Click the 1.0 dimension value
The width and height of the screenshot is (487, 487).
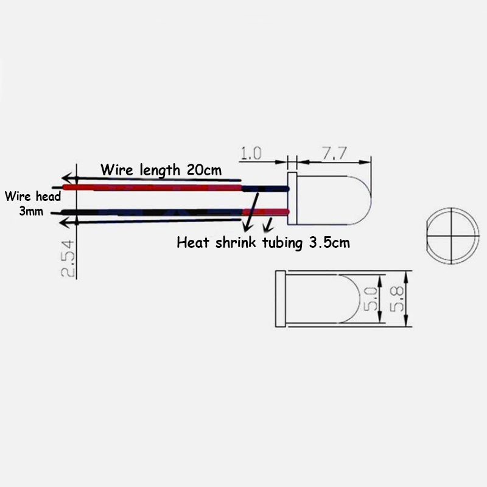pyautogui.click(x=251, y=153)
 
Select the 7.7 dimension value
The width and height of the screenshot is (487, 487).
pyautogui.click(x=334, y=153)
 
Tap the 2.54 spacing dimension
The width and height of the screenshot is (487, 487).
pyautogui.click(x=68, y=258)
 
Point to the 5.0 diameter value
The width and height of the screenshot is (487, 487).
pyautogui.click(x=371, y=299)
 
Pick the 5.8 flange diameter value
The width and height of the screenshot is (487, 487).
pyautogui.click(x=397, y=299)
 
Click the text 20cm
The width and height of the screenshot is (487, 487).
pyautogui.click(x=204, y=170)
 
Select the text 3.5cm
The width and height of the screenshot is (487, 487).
pyautogui.click(x=329, y=242)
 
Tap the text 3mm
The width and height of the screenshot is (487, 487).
pyautogui.click(x=31, y=211)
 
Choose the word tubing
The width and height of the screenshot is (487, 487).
pyautogui.click(x=282, y=243)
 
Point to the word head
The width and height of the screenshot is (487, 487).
pyautogui.click(x=48, y=196)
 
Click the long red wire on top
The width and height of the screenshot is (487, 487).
pyautogui.click(x=152, y=187)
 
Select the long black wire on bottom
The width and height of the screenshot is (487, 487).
pyautogui.click(x=152, y=212)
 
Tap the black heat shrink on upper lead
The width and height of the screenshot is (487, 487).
pyautogui.click(x=265, y=189)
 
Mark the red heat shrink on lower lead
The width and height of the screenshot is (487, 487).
pyautogui.click(x=266, y=212)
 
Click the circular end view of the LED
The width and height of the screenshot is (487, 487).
pyautogui.click(x=452, y=236)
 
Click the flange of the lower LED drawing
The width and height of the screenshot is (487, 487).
pyautogui.click(x=281, y=299)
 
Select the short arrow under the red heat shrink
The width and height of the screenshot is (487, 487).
pyautogui.click(x=268, y=225)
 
